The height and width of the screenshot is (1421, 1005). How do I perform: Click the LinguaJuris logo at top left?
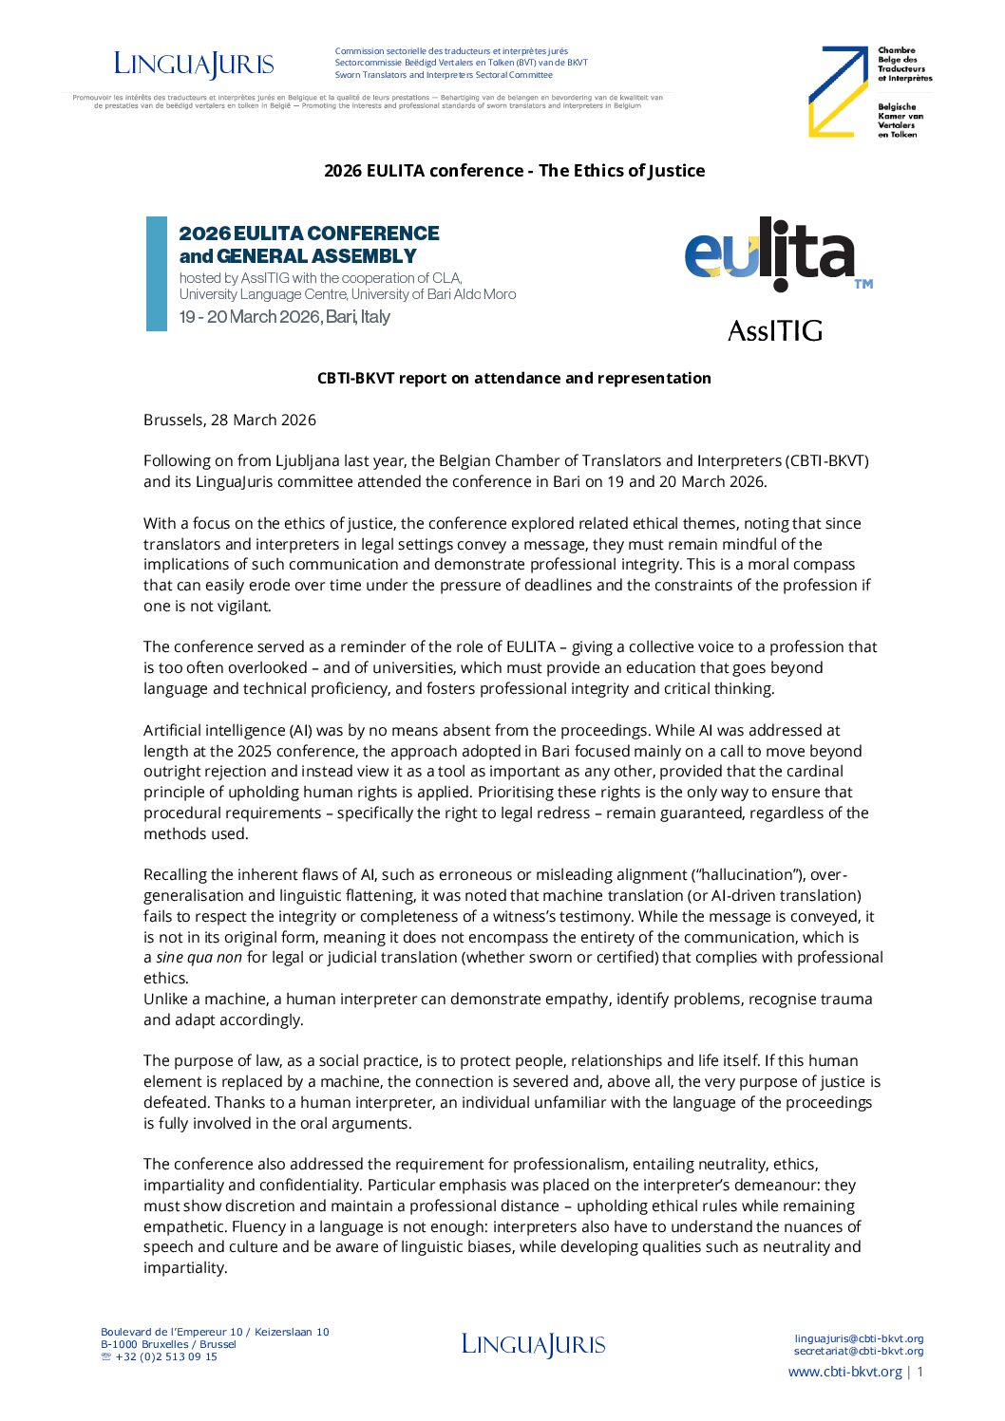pyautogui.click(x=194, y=64)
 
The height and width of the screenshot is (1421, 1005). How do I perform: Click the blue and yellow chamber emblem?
pyautogui.click(x=838, y=91)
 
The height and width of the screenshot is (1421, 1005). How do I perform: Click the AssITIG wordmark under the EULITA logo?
pyautogui.click(x=774, y=330)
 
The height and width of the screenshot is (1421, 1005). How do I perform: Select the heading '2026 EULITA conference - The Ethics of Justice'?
pyautogui.click(x=514, y=171)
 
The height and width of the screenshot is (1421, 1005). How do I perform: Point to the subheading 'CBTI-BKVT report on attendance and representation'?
pyautogui.click(x=514, y=378)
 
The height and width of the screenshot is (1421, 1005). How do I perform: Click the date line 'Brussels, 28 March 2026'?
pyautogui.click(x=230, y=420)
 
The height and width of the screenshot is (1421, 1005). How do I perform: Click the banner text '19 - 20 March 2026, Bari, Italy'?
pyautogui.click(x=284, y=317)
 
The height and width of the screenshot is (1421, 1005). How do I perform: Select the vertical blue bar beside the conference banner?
pyautogui.click(x=156, y=273)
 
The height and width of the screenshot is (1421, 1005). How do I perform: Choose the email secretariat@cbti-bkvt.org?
pyautogui.click(x=859, y=1351)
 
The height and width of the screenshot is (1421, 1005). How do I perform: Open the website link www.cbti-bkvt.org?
pyautogui.click(x=844, y=1372)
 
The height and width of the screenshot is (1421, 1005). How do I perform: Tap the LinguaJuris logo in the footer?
pyautogui.click(x=533, y=1344)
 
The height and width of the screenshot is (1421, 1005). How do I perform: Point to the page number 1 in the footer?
pyautogui.click(x=920, y=1372)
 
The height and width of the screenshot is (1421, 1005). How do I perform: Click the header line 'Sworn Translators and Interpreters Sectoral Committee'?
pyautogui.click(x=443, y=75)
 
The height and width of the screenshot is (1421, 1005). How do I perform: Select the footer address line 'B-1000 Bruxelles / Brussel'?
pyautogui.click(x=168, y=1344)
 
